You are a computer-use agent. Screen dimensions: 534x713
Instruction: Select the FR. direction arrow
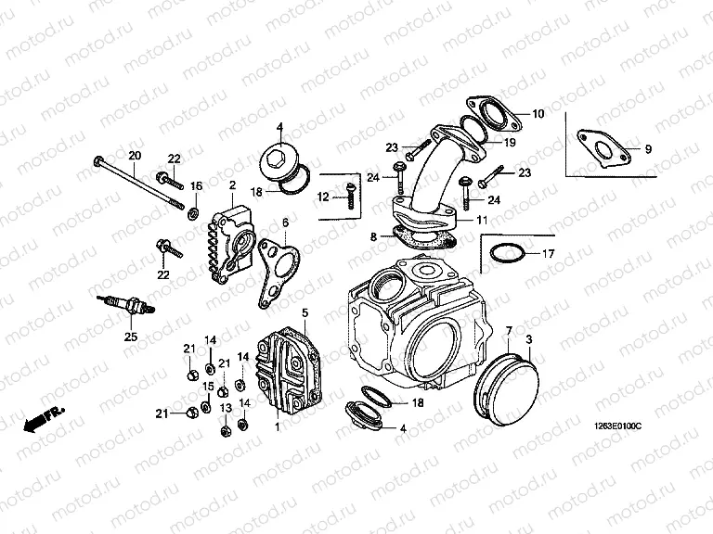point(42,420)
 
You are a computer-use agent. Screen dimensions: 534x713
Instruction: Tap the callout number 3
point(529,339)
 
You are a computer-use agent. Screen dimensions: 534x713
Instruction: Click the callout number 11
point(481,221)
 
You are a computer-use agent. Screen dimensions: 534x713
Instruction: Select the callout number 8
point(374,237)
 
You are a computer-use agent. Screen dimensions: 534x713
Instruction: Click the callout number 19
point(510,143)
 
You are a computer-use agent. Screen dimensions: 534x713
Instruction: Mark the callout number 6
point(285,222)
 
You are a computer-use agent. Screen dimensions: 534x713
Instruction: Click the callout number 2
point(232,185)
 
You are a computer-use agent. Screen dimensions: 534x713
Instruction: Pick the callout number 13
point(226,409)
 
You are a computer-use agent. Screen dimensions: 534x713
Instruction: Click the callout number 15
point(209,386)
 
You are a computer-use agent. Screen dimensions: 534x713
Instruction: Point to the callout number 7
point(509,331)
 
